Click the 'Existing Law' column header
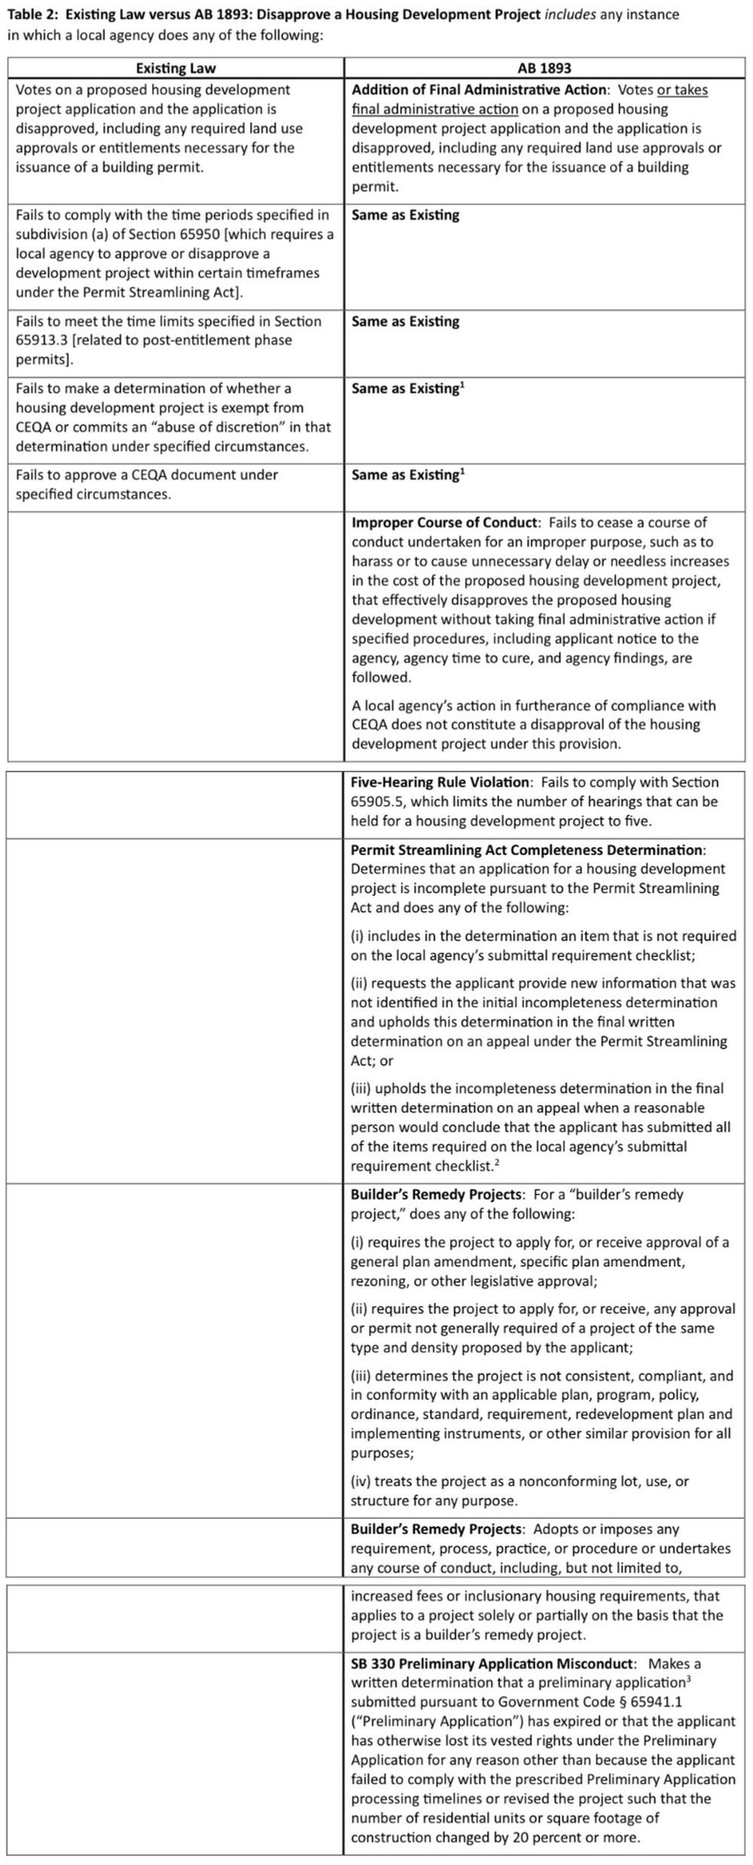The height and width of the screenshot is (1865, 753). [x=175, y=69]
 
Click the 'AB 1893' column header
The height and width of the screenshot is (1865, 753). [x=544, y=69]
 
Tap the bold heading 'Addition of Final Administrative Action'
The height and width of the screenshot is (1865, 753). [x=479, y=90]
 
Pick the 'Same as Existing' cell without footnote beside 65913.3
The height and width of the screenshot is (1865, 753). [x=405, y=321]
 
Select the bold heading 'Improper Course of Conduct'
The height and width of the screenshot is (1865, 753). [x=445, y=523]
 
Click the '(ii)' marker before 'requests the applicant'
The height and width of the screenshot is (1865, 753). [x=359, y=983]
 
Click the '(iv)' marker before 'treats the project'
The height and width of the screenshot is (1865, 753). [x=361, y=1481]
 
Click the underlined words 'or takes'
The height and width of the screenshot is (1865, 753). [x=682, y=90]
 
